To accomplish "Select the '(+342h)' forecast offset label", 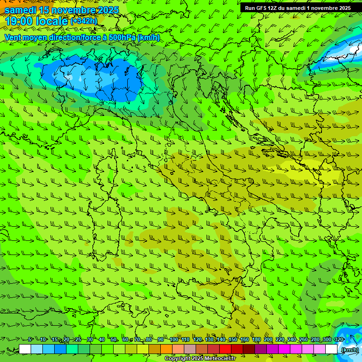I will click(83, 21).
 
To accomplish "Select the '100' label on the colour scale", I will click(174, 339).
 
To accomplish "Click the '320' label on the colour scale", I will click(339, 339).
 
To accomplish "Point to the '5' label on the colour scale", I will click(30, 339).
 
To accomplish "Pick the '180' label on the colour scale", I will click(256, 339).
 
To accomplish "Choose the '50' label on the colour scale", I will click(114, 339).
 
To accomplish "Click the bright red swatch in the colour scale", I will click(225, 349).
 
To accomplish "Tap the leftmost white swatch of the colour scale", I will click(25, 349).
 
